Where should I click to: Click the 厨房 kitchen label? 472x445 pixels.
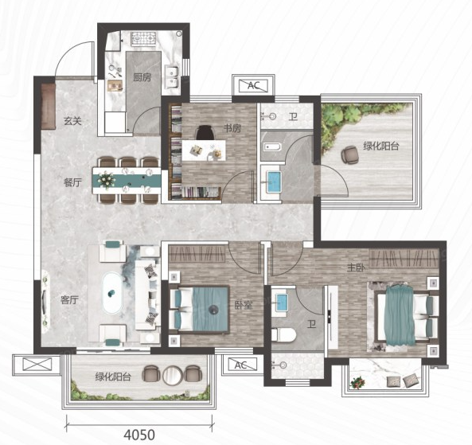tap(142, 77)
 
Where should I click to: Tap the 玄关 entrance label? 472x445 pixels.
tap(72, 121)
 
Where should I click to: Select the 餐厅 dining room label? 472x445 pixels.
tap(72, 182)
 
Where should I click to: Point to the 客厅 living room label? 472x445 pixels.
tap(69, 300)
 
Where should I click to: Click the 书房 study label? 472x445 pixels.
tap(232, 128)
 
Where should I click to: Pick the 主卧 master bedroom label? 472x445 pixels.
tap(356, 267)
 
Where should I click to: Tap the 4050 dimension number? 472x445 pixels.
tap(139, 435)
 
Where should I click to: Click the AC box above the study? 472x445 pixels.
tap(253, 86)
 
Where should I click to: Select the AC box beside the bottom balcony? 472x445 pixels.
tap(242, 365)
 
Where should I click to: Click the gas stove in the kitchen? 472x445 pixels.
tap(143, 39)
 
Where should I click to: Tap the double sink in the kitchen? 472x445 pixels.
tap(172, 77)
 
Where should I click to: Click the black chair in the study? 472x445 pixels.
tap(205, 133)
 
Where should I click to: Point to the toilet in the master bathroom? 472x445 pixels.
tap(283, 335)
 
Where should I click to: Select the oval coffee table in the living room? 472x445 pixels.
tap(112, 293)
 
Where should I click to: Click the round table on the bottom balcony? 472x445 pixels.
tap(173, 375)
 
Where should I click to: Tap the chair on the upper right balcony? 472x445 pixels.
tap(349, 154)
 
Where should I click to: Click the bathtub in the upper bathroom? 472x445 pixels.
tap(272, 147)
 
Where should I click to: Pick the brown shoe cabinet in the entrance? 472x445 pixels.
tap(49, 107)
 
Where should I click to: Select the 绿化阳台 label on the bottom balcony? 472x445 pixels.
tap(113, 377)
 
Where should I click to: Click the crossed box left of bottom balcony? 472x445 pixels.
tap(37, 365)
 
